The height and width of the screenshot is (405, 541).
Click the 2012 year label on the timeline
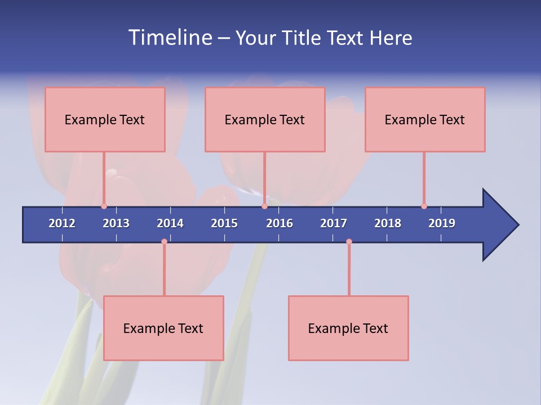tap(62, 223)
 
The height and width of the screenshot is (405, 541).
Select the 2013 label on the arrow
tap(116, 223)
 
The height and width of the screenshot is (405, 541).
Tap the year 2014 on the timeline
tap(170, 223)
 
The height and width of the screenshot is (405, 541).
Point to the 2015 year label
tap(224, 223)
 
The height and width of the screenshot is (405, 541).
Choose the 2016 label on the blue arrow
tap(280, 223)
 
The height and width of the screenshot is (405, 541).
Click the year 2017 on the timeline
tap(334, 223)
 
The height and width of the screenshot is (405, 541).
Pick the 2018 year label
tap(388, 223)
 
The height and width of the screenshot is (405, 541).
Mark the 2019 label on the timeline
tap(442, 223)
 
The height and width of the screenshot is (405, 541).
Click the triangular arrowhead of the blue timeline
tap(499, 225)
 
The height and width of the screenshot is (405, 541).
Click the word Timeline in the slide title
tap(169, 38)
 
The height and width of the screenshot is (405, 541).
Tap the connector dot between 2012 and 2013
tap(104, 206)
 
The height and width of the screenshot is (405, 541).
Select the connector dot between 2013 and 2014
tap(164, 241)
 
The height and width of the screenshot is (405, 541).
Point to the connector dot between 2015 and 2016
tap(264, 206)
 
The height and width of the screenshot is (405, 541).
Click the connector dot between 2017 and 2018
tap(349, 241)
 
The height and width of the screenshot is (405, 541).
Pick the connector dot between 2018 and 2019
tap(424, 206)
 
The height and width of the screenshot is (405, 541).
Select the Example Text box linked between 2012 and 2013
tap(105, 119)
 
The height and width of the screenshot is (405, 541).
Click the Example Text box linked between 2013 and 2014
tap(163, 328)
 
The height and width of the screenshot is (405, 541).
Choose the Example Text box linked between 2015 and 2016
tap(265, 119)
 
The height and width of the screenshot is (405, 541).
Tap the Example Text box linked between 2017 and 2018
tap(348, 328)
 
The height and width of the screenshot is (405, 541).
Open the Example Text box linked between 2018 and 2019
tap(425, 119)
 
